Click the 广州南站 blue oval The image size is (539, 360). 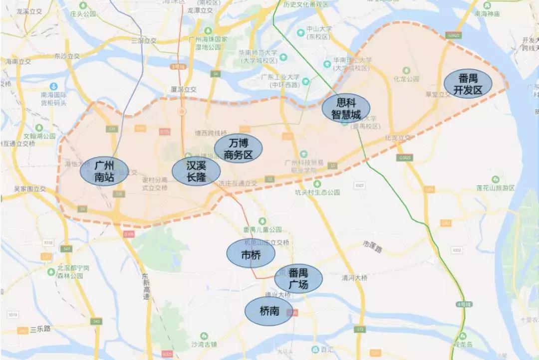click(104, 171)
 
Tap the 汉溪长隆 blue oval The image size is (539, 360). click(196, 172)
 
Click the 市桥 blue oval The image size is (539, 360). click(251, 254)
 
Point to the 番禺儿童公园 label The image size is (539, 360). click(262, 230)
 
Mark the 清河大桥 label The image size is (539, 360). click(354, 278)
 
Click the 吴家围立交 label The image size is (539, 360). click(29, 189)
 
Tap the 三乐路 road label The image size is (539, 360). click(40, 329)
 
